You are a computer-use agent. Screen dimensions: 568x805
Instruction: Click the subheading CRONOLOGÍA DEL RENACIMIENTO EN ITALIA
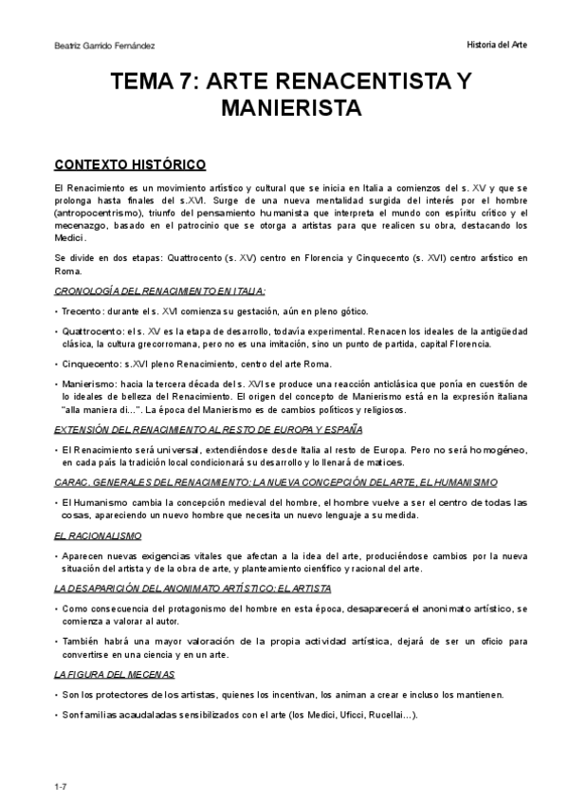click(159, 290)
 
